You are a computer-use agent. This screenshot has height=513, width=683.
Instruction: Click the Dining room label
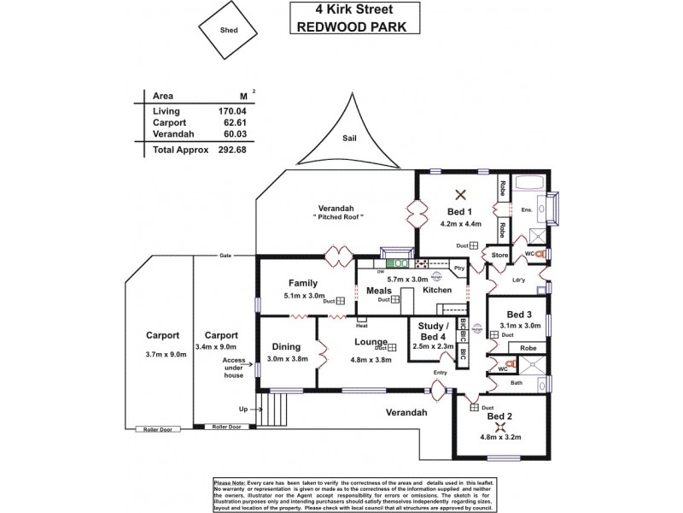286,347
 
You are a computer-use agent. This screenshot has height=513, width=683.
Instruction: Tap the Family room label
303,283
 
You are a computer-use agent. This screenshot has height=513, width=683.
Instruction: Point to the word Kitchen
437,291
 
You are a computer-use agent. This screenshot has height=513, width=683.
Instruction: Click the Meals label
378,291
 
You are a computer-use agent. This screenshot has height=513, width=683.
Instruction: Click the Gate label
225,256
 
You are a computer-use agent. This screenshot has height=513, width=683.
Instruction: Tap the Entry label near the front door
441,373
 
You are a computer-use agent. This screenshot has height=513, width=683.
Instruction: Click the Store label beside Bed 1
499,254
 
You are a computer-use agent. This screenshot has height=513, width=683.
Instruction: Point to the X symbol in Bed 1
459,193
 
